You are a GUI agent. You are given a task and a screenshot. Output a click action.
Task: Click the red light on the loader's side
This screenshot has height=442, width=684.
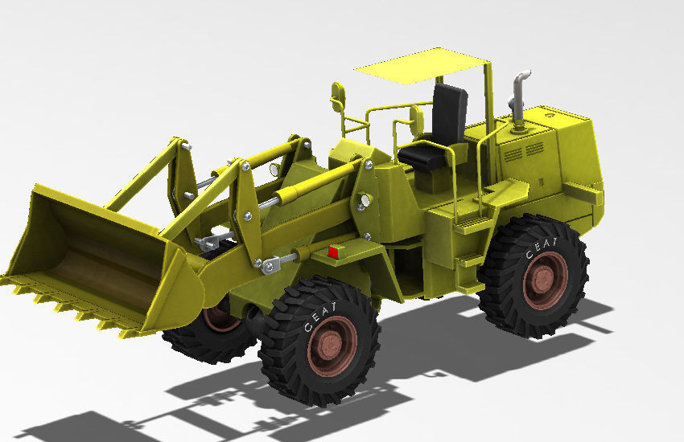point(333,252)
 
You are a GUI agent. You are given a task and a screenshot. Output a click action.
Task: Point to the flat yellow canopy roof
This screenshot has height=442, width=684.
point(422,66)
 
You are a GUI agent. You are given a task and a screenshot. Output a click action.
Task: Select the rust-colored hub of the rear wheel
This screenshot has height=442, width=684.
point(544,280)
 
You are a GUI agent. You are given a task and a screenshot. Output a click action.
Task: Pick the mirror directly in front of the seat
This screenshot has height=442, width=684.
point(416,120)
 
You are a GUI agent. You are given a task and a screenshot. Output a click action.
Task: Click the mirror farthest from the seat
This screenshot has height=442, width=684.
point(338,96)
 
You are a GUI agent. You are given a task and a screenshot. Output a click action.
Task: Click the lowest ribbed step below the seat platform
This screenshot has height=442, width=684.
point(470,260)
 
